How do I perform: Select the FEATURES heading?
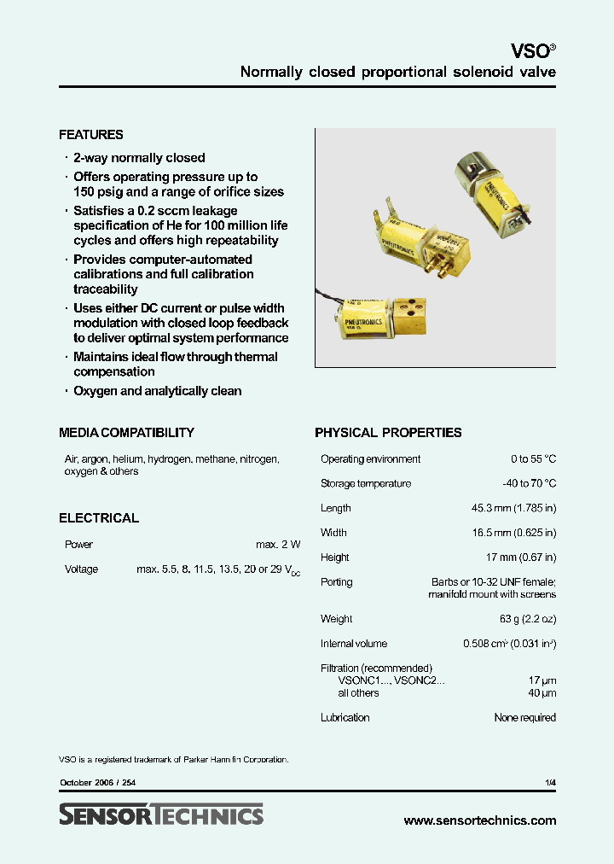(90, 135)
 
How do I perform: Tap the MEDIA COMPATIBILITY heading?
(126, 433)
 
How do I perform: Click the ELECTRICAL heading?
(98, 518)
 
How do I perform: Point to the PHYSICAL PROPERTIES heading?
(388, 433)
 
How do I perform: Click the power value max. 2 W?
(278, 545)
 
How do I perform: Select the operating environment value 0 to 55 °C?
(533, 459)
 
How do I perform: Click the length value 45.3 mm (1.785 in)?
(513, 509)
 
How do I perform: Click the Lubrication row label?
(345, 718)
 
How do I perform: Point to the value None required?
(524, 718)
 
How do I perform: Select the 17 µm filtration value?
(542, 680)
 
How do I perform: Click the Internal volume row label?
(353, 644)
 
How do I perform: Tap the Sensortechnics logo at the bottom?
(161, 815)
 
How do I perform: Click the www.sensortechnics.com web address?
(479, 820)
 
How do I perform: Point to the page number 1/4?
(550, 783)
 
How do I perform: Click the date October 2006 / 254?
(97, 783)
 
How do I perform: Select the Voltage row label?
(81, 569)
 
